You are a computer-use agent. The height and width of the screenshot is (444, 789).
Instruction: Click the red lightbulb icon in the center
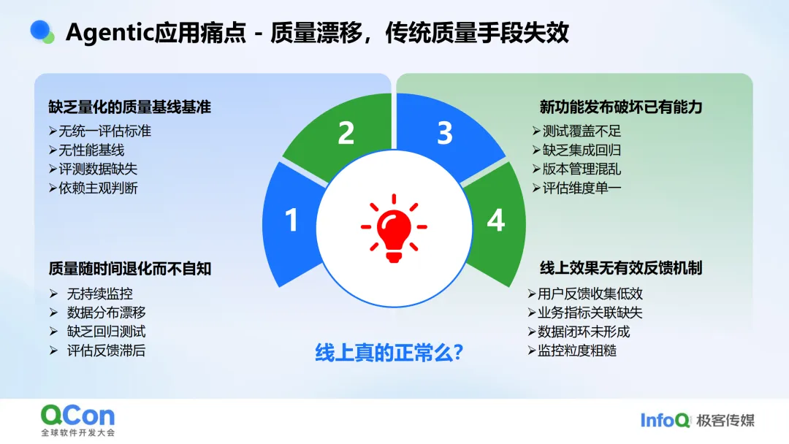pyautogui.click(x=394, y=228)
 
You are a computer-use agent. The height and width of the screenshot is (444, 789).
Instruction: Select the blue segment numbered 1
pyautogui.click(x=291, y=221)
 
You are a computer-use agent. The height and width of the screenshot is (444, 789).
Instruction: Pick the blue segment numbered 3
pyautogui.click(x=445, y=134)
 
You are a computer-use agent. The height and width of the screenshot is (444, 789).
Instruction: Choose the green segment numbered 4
pyautogui.click(x=496, y=221)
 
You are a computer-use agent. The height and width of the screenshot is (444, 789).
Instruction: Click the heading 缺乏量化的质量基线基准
pyautogui.click(x=129, y=107)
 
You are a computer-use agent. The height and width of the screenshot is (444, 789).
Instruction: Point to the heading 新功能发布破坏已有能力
pyautogui.click(x=620, y=107)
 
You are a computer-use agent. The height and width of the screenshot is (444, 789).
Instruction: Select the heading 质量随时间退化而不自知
pyautogui.click(x=129, y=269)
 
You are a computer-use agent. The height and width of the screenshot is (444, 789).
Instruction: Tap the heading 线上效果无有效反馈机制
pyautogui.click(x=620, y=268)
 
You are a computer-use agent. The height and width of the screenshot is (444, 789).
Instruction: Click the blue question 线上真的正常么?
pyautogui.click(x=389, y=353)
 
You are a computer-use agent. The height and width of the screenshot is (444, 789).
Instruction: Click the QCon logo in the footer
pyautogui.click(x=78, y=421)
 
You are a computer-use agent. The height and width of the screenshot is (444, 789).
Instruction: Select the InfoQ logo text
pyautogui.click(x=665, y=421)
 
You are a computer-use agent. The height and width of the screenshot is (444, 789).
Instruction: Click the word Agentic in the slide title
pyautogui.click(x=110, y=33)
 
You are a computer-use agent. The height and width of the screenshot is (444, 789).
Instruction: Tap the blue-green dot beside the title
pyautogui.click(x=42, y=31)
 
